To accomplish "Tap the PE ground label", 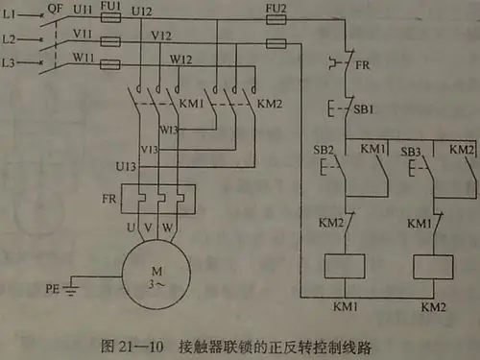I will (56, 288).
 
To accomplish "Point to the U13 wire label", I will (126, 166).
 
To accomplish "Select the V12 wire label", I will (161, 35).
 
